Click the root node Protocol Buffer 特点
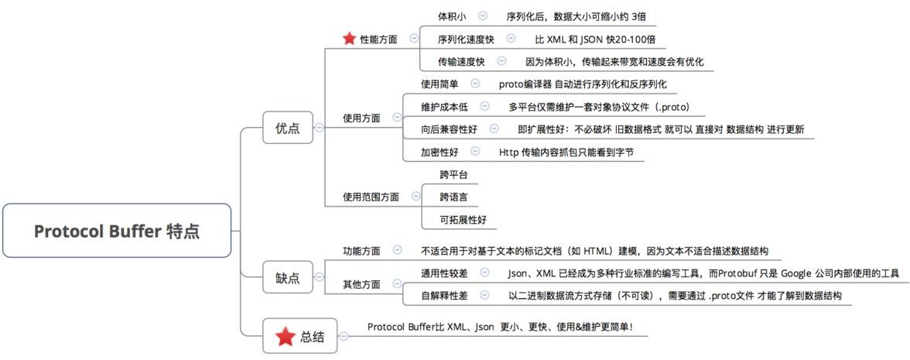coord(117,231)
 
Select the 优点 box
coord(287,128)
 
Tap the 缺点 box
coord(287,277)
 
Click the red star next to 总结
coord(285,336)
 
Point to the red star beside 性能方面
coord(349,38)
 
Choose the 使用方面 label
coord(361,118)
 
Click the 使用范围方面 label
coord(371,197)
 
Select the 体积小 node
coord(452,15)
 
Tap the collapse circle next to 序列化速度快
coord(511,38)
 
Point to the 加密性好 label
coord(440,152)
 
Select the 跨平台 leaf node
coord(453,174)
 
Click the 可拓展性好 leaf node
coord(463,219)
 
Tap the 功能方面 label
coord(361,251)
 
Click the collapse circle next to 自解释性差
coord(484,295)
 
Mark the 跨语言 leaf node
coord(453,197)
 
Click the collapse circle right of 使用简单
coord(474,84)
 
